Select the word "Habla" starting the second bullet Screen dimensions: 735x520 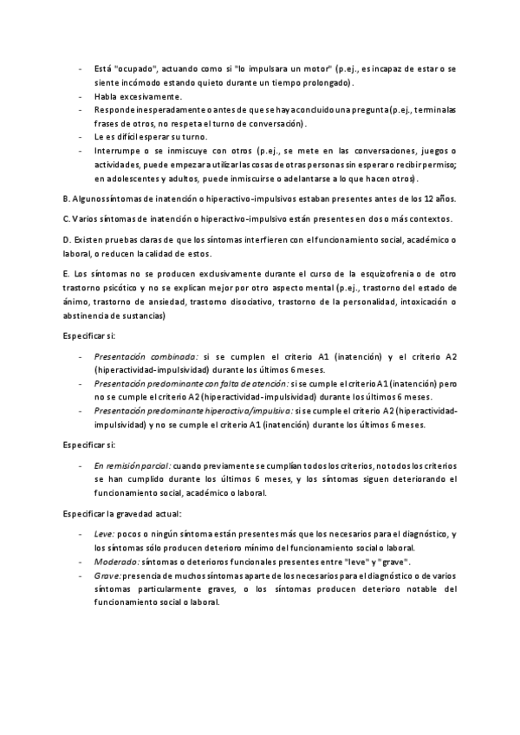point(106,96)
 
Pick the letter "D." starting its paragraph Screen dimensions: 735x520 point(68,238)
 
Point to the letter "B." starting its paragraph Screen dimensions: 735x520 point(68,198)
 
